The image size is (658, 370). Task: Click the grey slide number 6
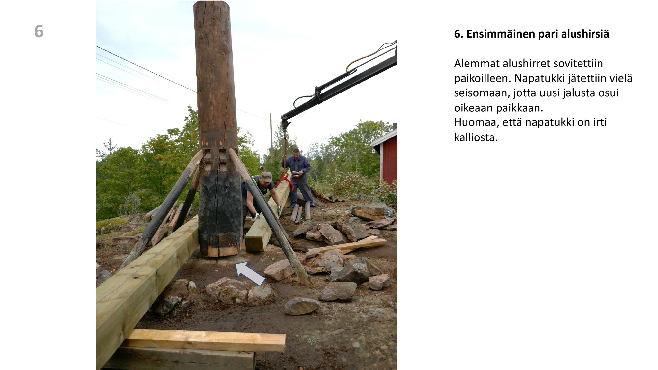(x=39, y=31)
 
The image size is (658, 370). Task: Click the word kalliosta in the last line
(x=476, y=137)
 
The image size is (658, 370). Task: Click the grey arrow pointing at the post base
(x=250, y=273)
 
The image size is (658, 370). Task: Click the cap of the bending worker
(x=266, y=176)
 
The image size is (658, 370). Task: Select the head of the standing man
(x=296, y=153)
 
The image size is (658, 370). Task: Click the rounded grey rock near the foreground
(x=302, y=306)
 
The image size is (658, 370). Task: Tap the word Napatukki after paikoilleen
(x=541, y=78)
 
